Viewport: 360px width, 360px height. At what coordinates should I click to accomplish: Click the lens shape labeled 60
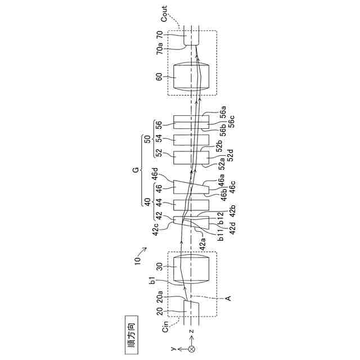coord(191,76)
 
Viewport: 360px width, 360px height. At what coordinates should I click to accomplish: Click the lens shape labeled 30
coord(191,268)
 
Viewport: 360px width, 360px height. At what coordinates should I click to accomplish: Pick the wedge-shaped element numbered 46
coord(191,187)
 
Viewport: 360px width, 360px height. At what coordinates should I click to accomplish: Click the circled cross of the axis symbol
coord(191,349)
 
